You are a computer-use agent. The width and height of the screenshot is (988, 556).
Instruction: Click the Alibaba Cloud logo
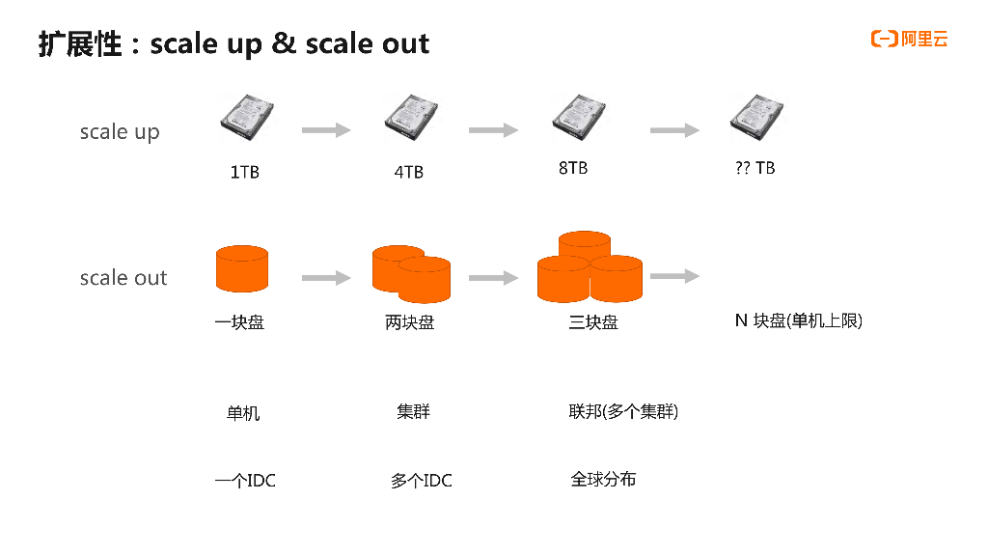pyautogui.click(x=909, y=39)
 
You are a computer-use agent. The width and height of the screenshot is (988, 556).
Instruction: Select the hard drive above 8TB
pyautogui.click(x=578, y=116)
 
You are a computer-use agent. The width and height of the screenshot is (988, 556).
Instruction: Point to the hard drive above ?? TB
pyautogui.click(x=755, y=116)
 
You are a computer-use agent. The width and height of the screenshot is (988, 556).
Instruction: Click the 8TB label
pyautogui.click(x=573, y=168)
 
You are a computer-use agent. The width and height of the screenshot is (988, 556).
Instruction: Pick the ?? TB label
pyautogui.click(x=755, y=168)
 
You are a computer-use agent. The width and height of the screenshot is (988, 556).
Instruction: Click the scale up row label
pyautogui.click(x=120, y=132)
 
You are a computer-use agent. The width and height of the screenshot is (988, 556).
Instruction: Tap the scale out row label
pyautogui.click(x=123, y=278)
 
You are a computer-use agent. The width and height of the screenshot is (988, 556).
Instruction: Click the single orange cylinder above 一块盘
pyautogui.click(x=241, y=269)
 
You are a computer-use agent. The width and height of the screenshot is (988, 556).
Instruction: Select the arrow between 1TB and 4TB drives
pyautogui.click(x=326, y=130)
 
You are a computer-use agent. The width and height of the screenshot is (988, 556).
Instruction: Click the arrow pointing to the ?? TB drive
pyautogui.click(x=674, y=130)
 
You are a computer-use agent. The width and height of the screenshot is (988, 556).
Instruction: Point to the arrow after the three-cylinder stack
pyautogui.click(x=674, y=277)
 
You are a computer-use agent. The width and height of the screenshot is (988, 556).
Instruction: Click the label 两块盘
pyautogui.click(x=410, y=322)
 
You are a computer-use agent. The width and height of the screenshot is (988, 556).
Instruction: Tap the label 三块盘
pyautogui.click(x=593, y=322)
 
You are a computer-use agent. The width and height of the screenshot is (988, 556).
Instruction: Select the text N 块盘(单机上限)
pyautogui.click(x=798, y=320)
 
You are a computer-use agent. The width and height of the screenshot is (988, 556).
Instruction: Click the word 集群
pyautogui.click(x=413, y=411)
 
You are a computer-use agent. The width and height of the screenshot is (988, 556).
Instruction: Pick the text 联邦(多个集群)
pyautogui.click(x=623, y=412)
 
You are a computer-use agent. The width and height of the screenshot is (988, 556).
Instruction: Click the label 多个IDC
pyautogui.click(x=421, y=481)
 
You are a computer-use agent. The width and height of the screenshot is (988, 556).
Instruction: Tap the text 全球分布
pyautogui.click(x=603, y=479)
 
